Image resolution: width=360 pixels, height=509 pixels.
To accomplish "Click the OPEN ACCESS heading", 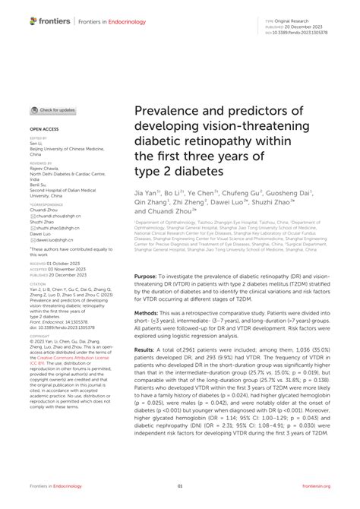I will [x=45, y=130].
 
